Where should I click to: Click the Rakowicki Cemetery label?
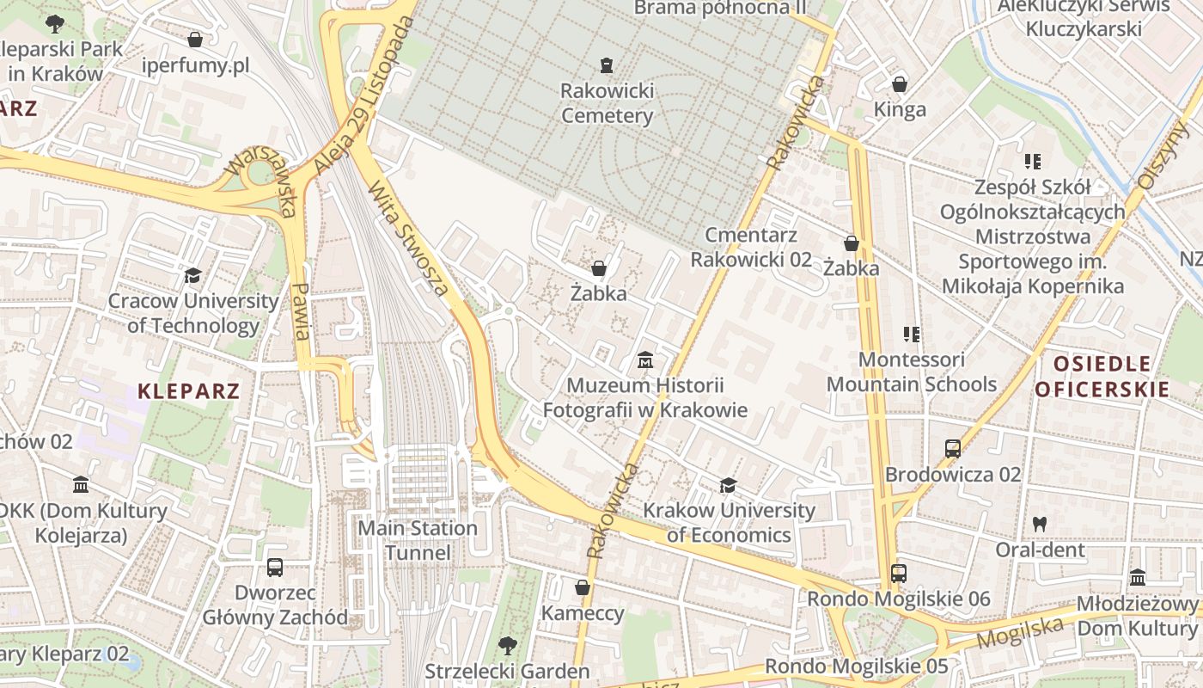(x=607, y=103)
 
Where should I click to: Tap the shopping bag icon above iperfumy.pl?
(x=195, y=40)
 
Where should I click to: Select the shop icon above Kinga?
(x=899, y=84)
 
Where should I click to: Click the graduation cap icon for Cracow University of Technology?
(x=192, y=275)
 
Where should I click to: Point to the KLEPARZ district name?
(x=188, y=391)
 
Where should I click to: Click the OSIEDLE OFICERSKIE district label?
(x=1102, y=376)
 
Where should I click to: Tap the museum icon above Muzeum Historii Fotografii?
(x=644, y=359)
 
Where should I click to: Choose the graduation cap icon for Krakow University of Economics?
(x=728, y=485)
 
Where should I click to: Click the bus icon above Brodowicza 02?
(x=952, y=448)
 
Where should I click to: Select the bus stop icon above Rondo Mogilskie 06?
(x=898, y=573)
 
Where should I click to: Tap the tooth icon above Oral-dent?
(x=1039, y=523)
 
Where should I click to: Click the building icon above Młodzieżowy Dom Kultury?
(x=1138, y=577)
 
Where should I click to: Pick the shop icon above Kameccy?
(x=582, y=587)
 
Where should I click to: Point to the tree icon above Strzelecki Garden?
(x=507, y=644)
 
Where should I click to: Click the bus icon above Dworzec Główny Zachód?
(x=274, y=568)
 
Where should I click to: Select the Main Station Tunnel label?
(x=418, y=540)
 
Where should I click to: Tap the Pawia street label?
(x=300, y=311)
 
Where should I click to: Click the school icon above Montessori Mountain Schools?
(x=911, y=334)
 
